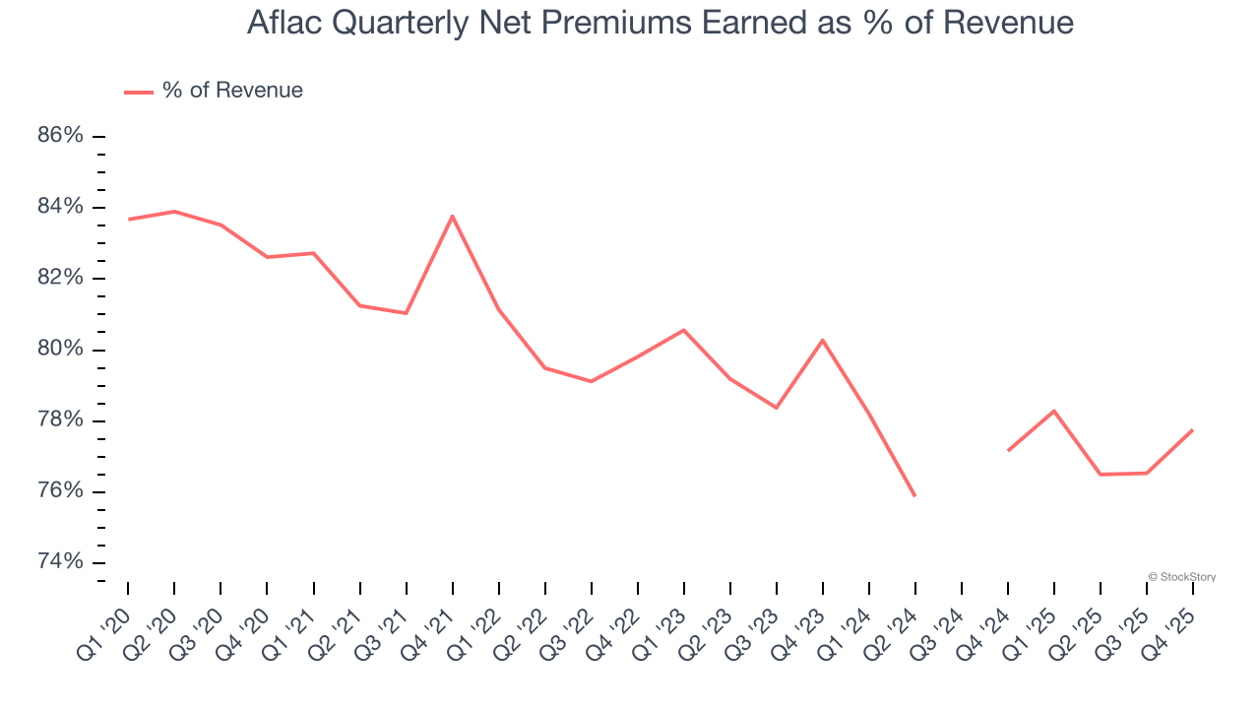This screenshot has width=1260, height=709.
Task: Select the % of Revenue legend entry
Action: click(x=215, y=91)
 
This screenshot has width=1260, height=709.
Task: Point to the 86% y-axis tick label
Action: click(x=60, y=136)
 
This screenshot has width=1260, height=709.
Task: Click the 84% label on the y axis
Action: click(x=60, y=207)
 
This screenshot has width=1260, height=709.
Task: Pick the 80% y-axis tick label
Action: click(x=60, y=350)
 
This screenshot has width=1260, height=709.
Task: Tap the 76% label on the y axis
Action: click(x=60, y=491)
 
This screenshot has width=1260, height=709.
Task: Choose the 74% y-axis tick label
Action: click(x=60, y=562)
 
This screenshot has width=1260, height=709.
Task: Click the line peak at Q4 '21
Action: click(x=452, y=216)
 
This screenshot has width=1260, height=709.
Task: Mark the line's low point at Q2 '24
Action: click(x=914, y=495)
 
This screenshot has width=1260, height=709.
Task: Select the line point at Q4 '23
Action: click(x=822, y=340)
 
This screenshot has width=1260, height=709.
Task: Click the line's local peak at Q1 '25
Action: click(x=1054, y=411)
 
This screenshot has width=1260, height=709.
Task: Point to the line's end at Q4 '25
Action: click(x=1192, y=429)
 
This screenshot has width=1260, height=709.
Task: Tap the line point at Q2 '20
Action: click(x=174, y=211)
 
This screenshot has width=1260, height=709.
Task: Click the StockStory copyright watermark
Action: click(x=1181, y=577)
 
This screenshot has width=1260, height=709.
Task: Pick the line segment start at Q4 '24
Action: click(x=1008, y=450)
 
